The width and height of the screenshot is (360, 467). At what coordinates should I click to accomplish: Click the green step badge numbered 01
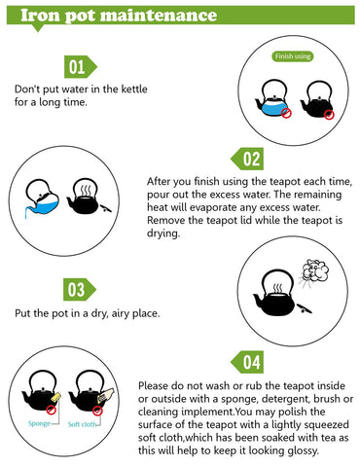coord(81,67)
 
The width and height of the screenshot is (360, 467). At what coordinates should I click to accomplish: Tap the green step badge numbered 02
coord(247,159)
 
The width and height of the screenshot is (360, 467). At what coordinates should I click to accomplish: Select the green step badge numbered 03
coord(80,289)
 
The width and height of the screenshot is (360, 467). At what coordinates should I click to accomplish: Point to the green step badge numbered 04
coord(247,362)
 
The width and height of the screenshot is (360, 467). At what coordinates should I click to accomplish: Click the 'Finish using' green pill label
coord(293,56)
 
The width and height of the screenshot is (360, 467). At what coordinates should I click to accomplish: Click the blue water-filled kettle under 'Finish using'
coord(272,99)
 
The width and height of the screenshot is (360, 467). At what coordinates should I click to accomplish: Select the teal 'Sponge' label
coord(39,423)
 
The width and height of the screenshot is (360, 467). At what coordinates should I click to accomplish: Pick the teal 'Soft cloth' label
coord(82,424)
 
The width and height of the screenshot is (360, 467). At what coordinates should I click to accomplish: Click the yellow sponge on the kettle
coord(55,397)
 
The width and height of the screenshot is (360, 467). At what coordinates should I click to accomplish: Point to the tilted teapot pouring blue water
coord(42,198)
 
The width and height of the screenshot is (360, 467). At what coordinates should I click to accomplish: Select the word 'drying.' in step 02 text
coord(163,233)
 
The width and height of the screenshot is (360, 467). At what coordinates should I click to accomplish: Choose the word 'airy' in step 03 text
coord(121,314)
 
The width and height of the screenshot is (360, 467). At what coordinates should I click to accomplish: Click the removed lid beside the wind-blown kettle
coord(305,309)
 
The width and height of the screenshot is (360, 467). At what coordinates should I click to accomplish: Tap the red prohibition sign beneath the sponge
coord(51,410)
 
